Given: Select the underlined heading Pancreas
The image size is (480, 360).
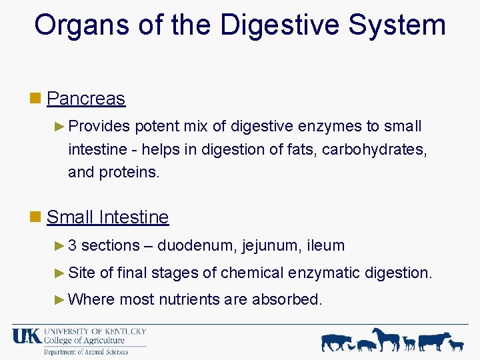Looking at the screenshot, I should [x=86, y=99].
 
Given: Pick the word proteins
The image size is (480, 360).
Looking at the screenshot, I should [x=129, y=172].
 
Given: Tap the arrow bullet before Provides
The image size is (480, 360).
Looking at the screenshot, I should [x=59, y=126].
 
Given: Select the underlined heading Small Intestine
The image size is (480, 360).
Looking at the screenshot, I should [x=107, y=217].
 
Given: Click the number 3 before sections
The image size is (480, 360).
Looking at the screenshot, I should [x=73, y=245].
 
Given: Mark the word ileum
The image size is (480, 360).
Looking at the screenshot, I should [x=326, y=245].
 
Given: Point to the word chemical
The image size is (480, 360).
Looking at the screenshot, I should [x=251, y=273].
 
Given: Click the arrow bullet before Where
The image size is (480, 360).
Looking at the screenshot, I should [x=59, y=299].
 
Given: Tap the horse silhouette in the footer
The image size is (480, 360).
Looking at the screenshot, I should [x=386, y=339].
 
